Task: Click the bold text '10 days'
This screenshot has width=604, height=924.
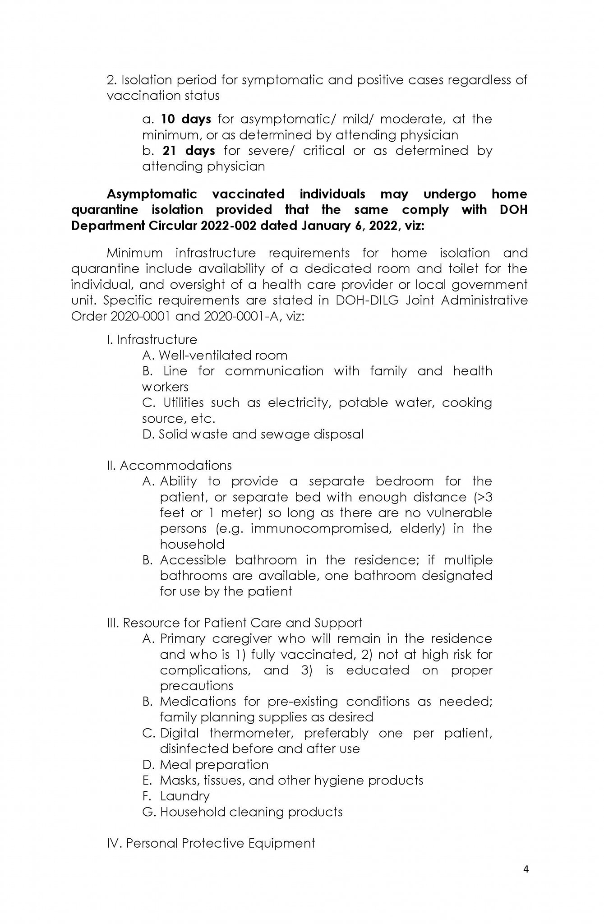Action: click(x=186, y=119)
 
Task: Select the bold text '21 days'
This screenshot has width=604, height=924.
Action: click(x=189, y=151)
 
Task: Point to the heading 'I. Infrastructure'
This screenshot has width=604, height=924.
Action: click(x=152, y=340)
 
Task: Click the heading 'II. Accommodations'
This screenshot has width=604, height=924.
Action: click(x=169, y=466)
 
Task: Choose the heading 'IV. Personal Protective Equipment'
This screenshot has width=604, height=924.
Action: click(x=211, y=843)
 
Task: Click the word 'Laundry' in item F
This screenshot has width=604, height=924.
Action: click(x=185, y=796)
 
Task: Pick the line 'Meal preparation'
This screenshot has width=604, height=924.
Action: click(x=214, y=765)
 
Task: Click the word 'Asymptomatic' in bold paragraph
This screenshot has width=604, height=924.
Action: click(x=152, y=194)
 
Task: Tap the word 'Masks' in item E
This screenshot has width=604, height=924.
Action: click(x=180, y=781)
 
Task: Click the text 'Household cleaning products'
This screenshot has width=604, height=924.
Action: click(x=251, y=812)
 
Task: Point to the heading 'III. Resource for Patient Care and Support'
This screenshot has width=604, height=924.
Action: click(x=235, y=623)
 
